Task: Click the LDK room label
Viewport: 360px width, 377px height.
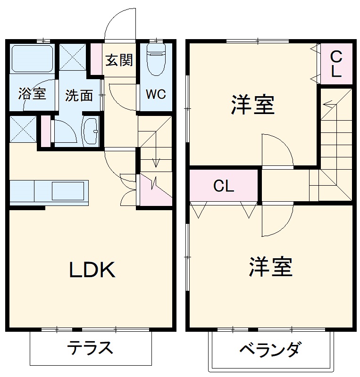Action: click(93, 270)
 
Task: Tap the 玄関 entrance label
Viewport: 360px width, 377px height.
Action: click(119, 60)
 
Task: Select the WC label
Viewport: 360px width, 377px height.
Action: click(155, 94)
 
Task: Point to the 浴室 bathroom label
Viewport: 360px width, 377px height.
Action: click(32, 94)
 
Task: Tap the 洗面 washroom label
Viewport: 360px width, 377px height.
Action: click(79, 95)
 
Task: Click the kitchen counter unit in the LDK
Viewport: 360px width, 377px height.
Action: click(49, 191)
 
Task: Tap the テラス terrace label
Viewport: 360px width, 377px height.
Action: click(90, 349)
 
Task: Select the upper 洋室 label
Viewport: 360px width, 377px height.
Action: click(253, 105)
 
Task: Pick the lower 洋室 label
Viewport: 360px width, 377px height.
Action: click(271, 267)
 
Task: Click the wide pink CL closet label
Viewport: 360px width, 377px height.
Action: click(224, 186)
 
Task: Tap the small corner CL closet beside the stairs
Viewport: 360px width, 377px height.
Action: click(336, 64)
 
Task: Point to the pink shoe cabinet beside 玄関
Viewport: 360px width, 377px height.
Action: click(96, 59)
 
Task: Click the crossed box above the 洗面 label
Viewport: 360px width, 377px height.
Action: click(72, 57)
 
